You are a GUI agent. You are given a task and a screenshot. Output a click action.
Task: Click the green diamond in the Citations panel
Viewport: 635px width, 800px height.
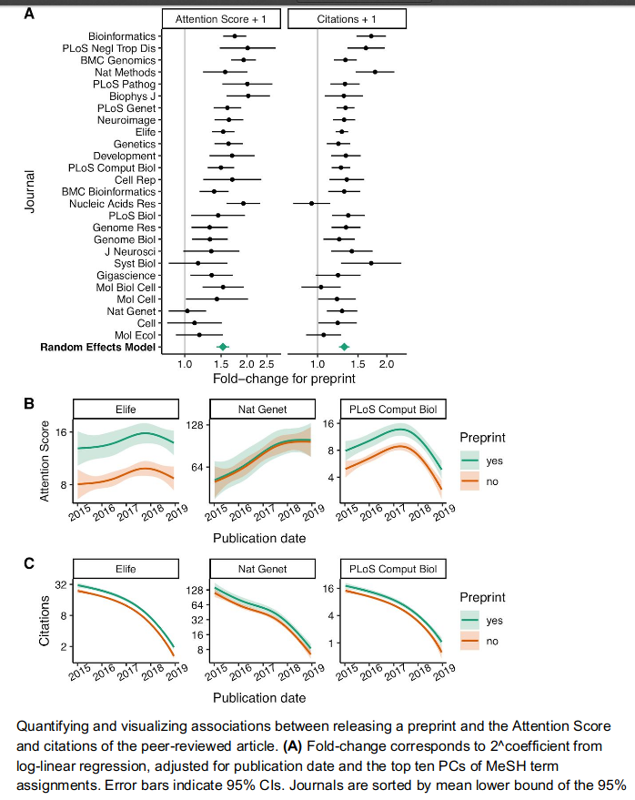point(344,347)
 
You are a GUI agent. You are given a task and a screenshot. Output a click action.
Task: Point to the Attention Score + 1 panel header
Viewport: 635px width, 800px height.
point(222,18)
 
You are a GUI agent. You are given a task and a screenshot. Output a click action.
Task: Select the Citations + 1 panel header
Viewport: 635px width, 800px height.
point(347,18)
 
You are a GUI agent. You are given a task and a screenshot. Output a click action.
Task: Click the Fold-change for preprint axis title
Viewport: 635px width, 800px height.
point(283,377)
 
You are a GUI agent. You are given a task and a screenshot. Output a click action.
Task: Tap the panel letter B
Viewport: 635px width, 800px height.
point(28,402)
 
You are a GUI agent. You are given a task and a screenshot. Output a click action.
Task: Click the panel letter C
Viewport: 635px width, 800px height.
point(28,564)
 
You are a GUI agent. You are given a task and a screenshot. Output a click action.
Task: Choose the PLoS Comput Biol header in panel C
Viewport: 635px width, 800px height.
point(392,570)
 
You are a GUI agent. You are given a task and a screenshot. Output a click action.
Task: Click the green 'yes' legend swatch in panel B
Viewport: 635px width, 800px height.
point(470,461)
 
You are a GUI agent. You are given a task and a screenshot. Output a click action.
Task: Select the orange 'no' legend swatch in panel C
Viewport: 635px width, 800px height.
point(470,641)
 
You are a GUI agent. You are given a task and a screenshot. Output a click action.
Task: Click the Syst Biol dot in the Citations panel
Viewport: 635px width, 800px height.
point(371,263)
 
